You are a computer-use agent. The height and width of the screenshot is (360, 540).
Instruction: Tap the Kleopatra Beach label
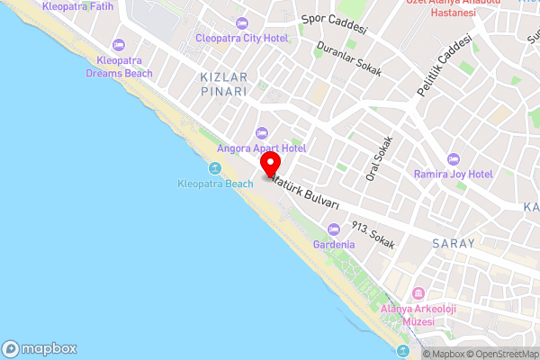[215, 184]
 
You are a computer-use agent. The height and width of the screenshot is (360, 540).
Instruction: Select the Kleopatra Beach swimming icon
[215, 168]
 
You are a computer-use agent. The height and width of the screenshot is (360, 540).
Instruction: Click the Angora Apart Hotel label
[262, 148]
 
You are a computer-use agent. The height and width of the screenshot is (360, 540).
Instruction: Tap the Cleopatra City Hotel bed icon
[240, 23]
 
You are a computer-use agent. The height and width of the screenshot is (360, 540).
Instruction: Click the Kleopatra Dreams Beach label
[121, 67]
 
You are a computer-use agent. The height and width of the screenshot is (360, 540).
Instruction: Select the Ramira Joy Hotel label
[453, 173]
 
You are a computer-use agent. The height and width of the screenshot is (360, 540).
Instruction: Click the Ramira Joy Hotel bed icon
[453, 157]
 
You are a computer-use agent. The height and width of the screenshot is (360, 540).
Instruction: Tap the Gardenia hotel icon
[334, 229]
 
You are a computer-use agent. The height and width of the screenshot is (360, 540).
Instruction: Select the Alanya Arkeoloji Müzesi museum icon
[418, 294]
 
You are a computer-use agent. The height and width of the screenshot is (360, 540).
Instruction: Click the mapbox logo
[40, 348]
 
